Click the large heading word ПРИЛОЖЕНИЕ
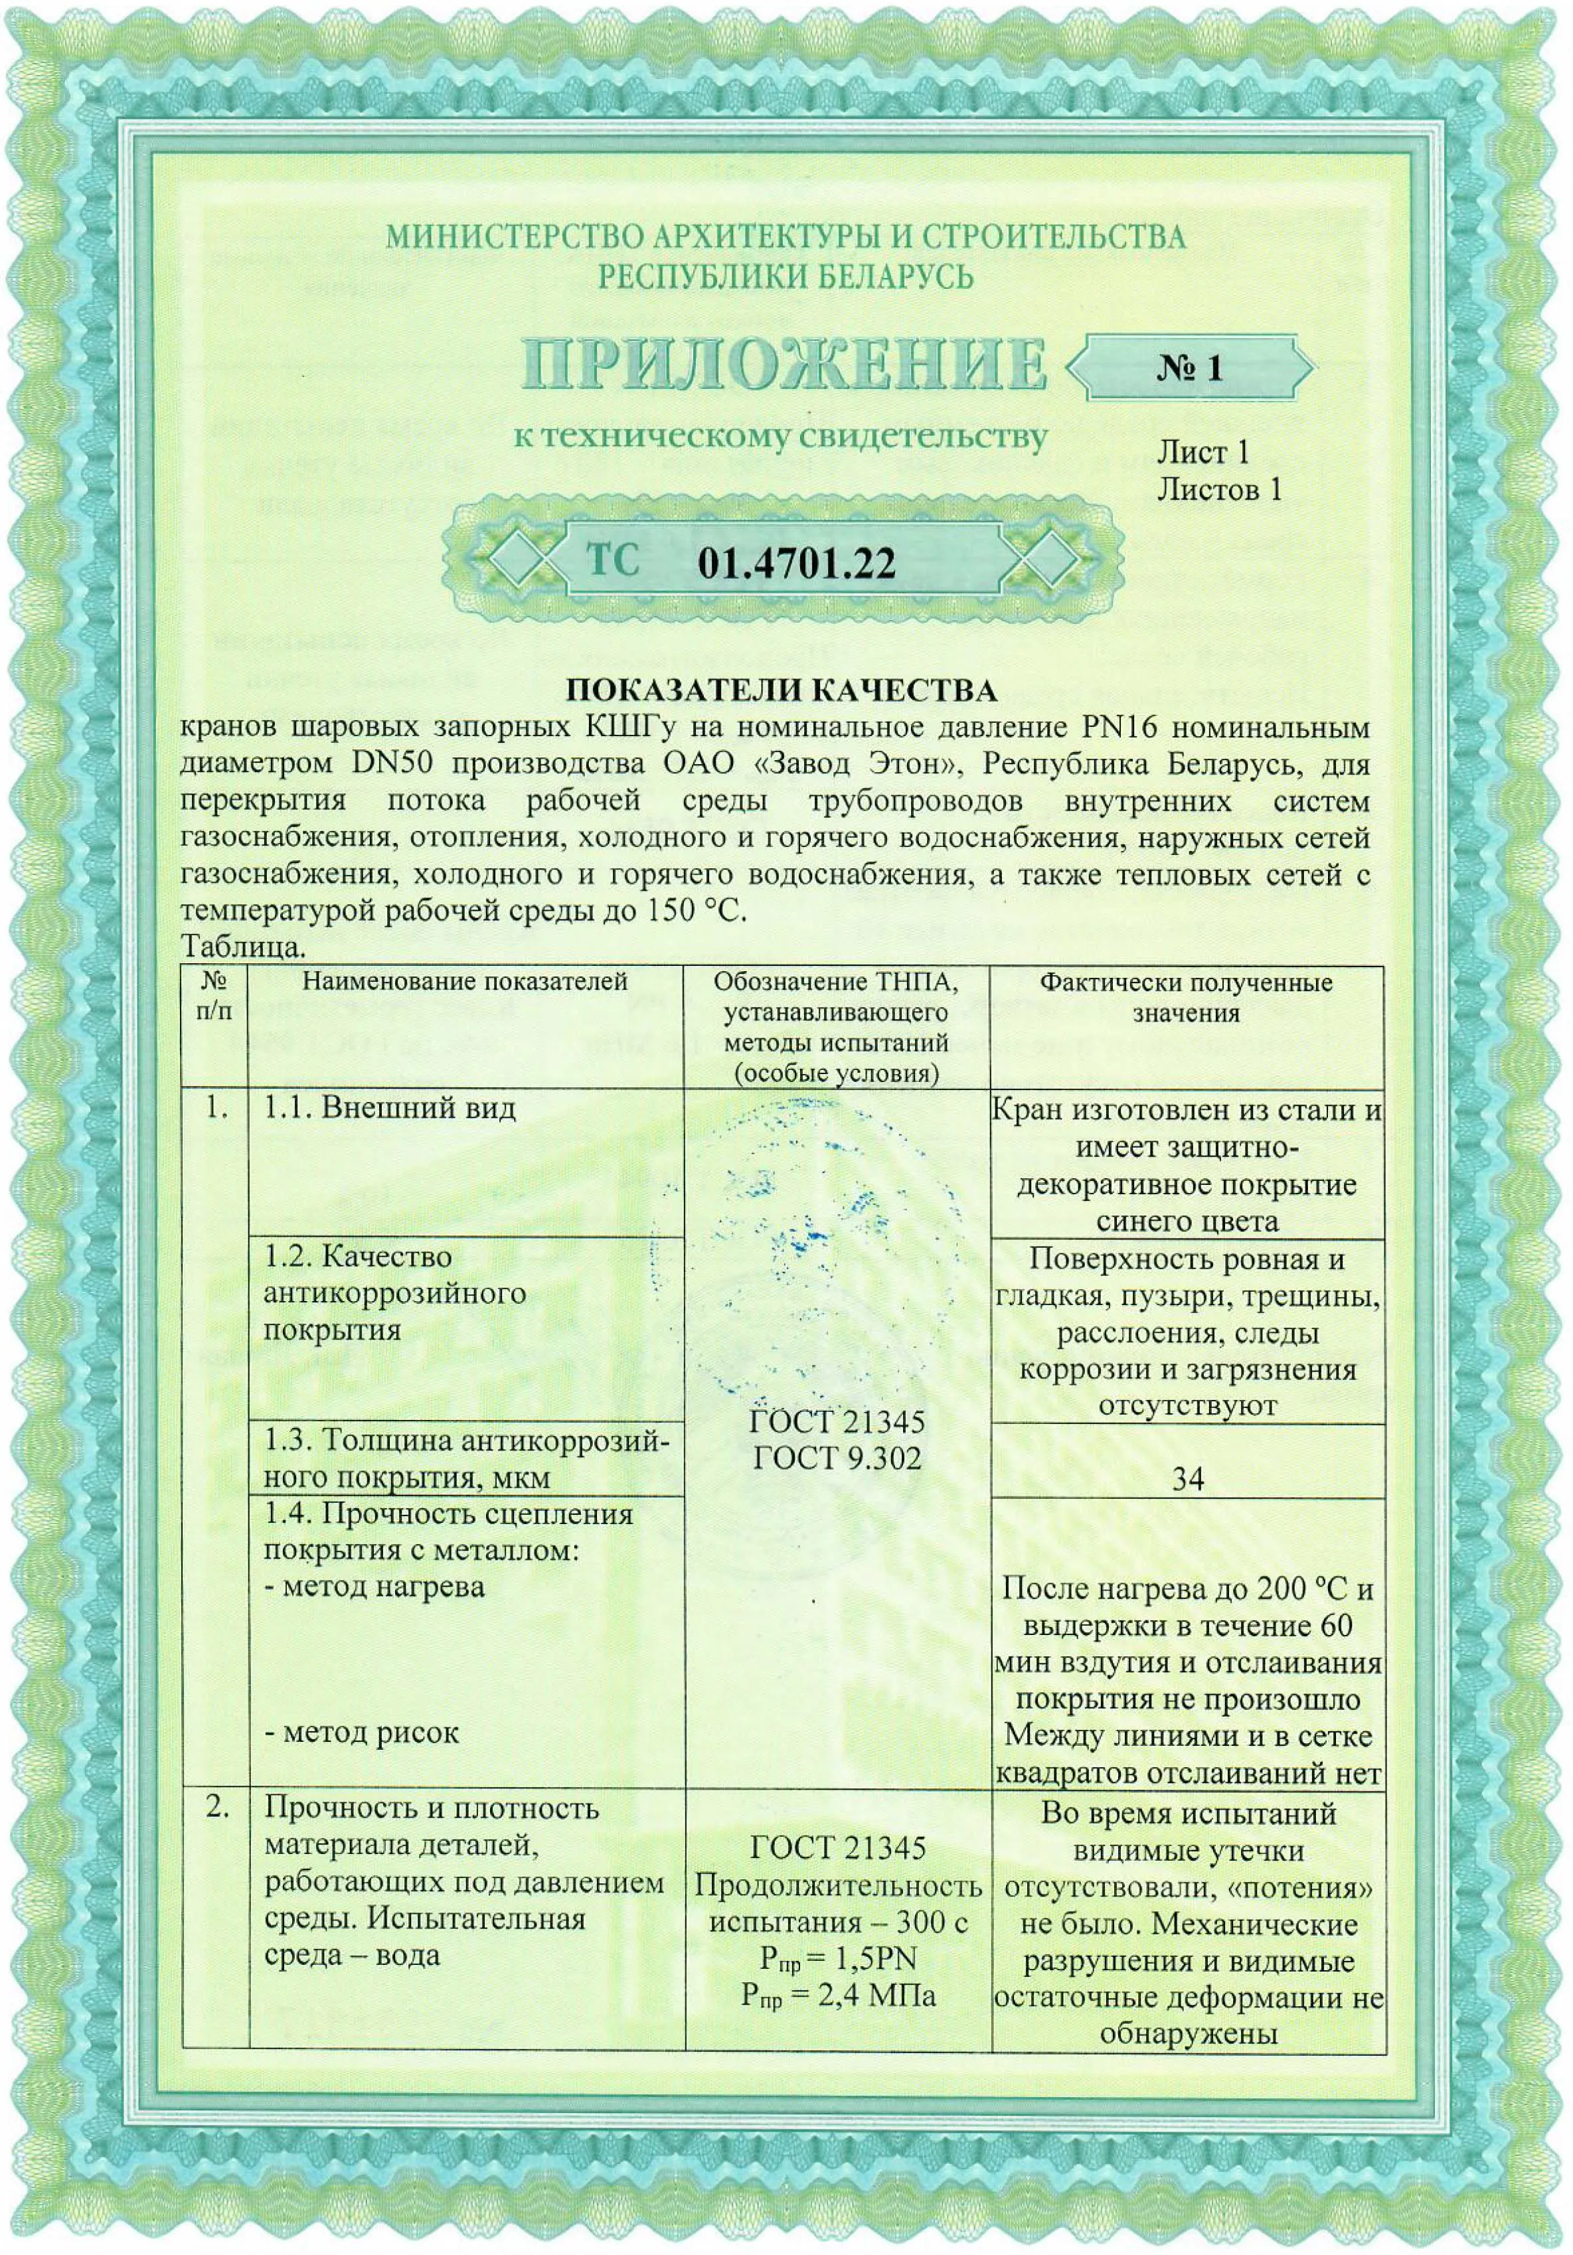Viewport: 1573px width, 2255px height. (x=783, y=365)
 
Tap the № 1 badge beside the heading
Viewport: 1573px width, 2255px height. (x=1189, y=367)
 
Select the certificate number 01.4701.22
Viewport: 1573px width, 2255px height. (x=796, y=563)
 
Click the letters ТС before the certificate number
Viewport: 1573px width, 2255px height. (x=613, y=560)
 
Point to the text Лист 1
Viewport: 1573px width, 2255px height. (x=1202, y=453)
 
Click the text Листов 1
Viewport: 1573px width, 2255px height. (x=1218, y=489)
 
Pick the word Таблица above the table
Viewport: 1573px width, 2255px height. (x=242, y=947)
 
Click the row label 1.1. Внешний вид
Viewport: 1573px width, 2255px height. (x=389, y=1108)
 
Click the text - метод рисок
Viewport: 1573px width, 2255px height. (x=362, y=1731)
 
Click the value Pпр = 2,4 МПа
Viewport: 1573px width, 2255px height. (x=837, y=1995)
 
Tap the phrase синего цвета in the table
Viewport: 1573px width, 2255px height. (x=1187, y=1221)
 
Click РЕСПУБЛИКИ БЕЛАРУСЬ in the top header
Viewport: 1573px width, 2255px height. (x=785, y=277)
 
